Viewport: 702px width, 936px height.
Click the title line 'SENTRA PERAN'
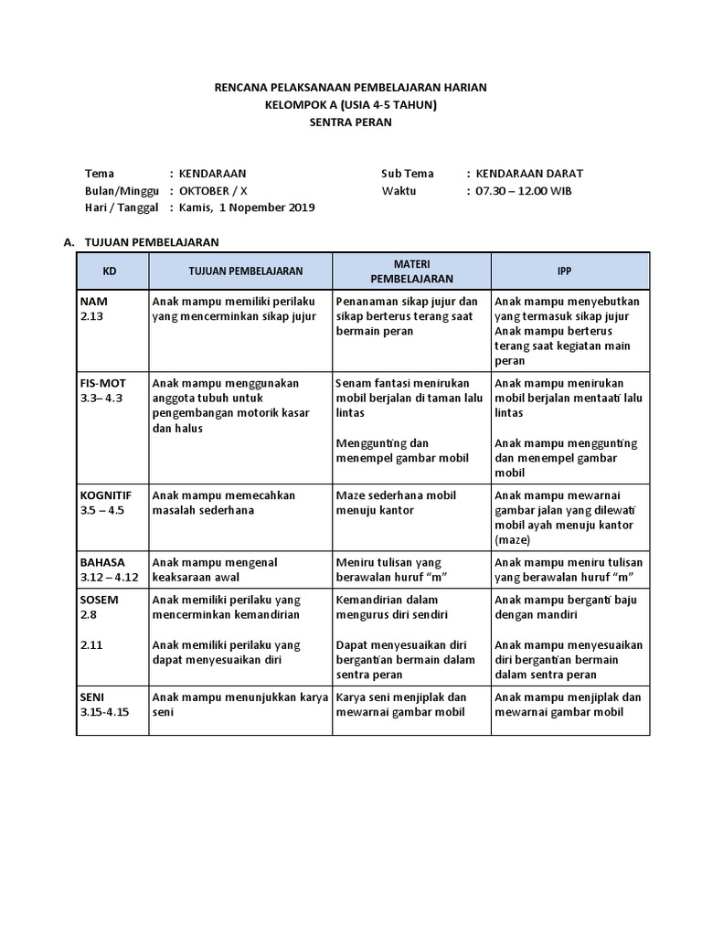click(351, 122)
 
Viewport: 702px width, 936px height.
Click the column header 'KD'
click(110, 271)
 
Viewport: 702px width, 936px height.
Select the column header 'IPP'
click(569, 271)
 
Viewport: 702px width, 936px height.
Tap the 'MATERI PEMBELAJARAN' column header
click(410, 271)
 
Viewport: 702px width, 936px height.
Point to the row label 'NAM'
click(93, 301)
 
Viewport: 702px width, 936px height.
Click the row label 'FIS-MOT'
click(102, 384)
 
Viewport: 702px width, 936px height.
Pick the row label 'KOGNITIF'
click(105, 495)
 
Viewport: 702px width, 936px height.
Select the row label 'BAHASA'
click(101, 562)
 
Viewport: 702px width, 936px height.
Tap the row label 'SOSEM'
click(100, 600)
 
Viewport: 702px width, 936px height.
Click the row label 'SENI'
click(93, 697)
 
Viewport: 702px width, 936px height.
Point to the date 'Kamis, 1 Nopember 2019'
click(246, 207)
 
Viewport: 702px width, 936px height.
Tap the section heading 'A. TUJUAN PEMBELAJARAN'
click(141, 242)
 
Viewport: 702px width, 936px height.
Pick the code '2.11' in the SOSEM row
click(90, 644)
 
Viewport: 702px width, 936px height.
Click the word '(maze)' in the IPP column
click(513, 540)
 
